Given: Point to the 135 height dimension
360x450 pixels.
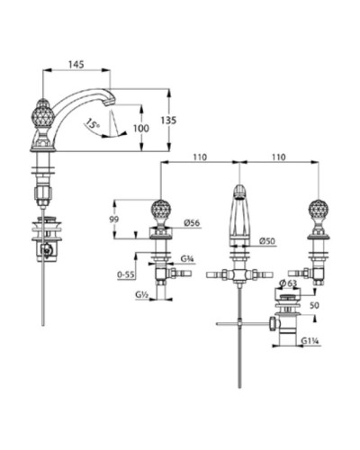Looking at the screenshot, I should pos(180,119).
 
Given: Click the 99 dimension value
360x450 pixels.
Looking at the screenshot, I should pos(113,220).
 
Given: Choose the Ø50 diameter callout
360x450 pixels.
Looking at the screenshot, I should pos(265,240).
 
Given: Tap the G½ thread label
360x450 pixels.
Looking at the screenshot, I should pos(142,294).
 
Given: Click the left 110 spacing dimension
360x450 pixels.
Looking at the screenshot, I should pos(199,157).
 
